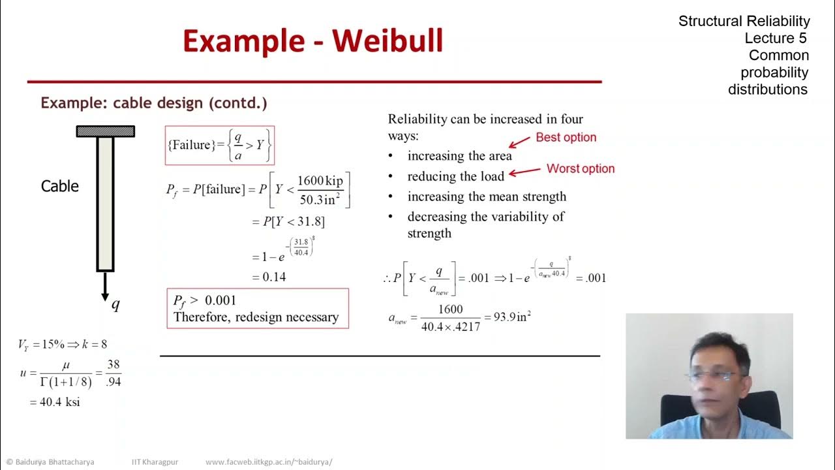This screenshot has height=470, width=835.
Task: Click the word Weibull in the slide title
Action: tap(387, 40)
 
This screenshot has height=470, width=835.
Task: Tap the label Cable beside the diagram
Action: tap(60, 186)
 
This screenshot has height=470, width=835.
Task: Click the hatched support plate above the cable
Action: tap(105, 131)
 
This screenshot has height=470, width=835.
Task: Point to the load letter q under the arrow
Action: tap(115, 304)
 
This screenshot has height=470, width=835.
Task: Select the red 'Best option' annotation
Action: tap(566, 137)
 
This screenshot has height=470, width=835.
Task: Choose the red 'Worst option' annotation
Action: tap(580, 168)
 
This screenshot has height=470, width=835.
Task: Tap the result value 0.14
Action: tap(274, 277)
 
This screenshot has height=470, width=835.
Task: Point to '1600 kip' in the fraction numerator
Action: tap(320, 181)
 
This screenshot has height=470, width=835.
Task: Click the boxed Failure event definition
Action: tap(219, 145)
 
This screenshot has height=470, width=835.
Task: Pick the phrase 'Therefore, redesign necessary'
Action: tap(256, 317)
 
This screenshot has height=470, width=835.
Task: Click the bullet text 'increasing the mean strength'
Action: tap(487, 196)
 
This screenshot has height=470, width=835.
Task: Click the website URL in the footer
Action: tap(269, 462)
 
